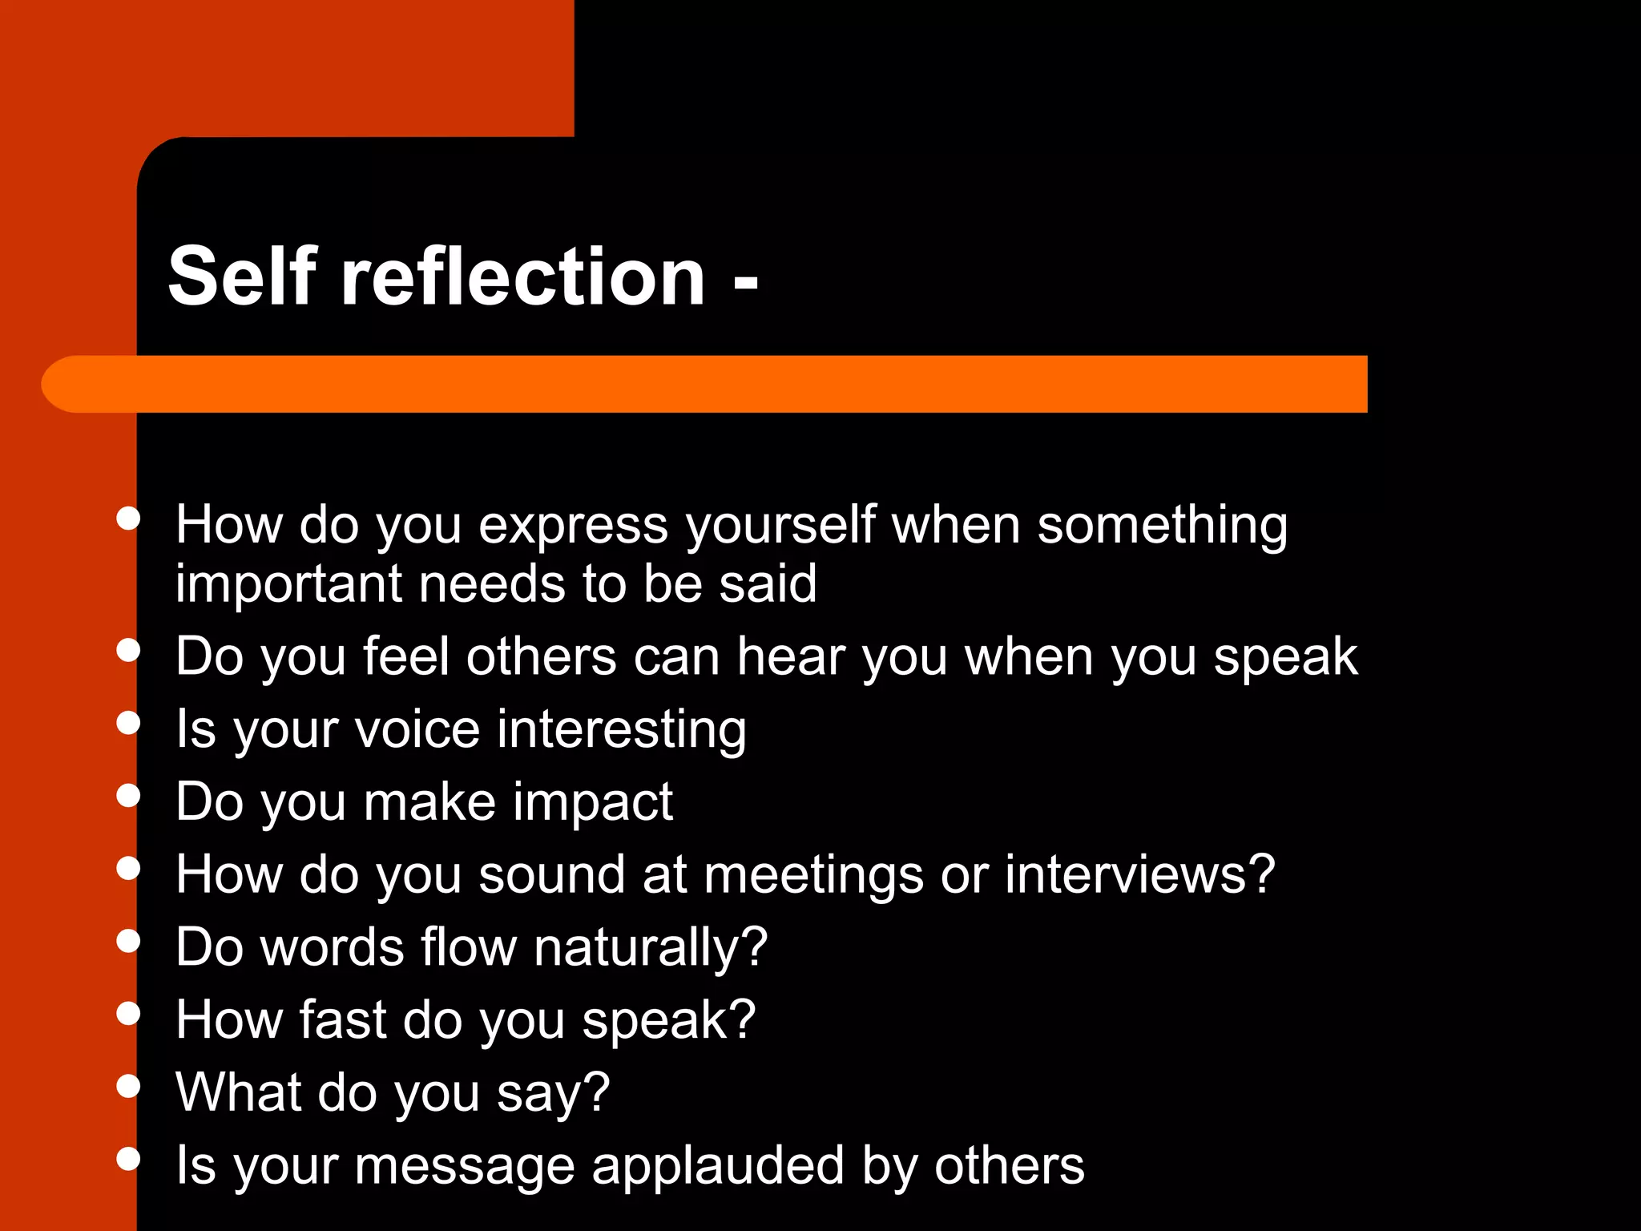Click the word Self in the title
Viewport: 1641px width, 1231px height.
point(242,276)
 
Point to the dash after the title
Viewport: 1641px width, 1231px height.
point(745,282)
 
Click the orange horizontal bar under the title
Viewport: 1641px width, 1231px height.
point(705,384)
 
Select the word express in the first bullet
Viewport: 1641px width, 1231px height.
point(573,527)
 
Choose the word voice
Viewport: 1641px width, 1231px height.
point(417,730)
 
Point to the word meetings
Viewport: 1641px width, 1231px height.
point(813,876)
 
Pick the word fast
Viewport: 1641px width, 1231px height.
point(342,1020)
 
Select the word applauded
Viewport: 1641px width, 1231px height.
point(718,1167)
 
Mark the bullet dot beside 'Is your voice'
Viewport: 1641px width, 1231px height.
point(128,723)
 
